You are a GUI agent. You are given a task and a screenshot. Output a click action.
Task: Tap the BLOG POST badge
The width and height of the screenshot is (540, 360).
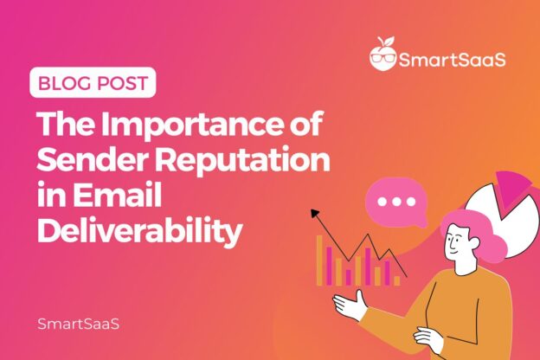(x=95, y=86)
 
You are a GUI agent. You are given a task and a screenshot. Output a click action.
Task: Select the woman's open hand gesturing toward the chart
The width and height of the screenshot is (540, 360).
(x=350, y=304)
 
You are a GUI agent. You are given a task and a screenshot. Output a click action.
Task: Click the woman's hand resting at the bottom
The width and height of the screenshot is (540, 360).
(x=428, y=337)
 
